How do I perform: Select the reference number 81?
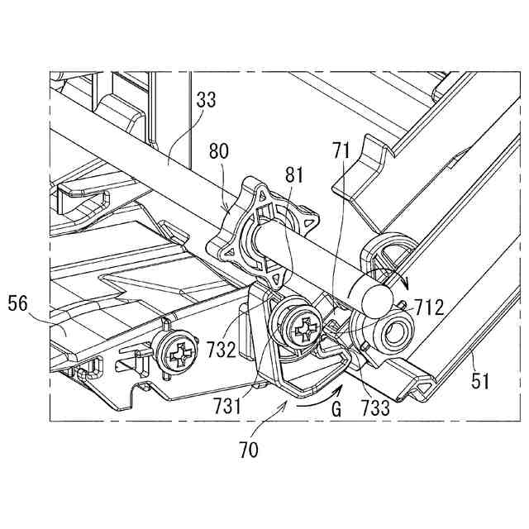pos(293,175)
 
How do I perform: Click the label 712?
pos(429,309)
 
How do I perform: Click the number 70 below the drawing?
pos(249,450)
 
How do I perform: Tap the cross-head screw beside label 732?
pos(300,327)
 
